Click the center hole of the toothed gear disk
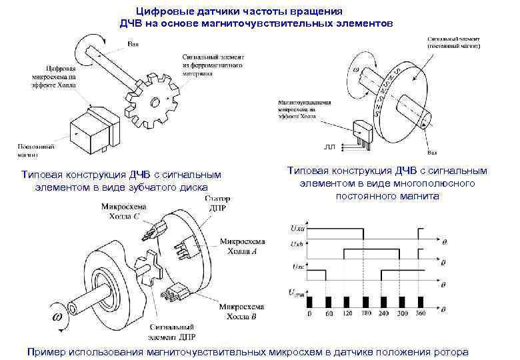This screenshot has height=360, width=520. (155, 103)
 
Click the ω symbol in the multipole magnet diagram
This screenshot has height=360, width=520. (357, 69)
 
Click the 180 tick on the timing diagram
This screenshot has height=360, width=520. (365, 313)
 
